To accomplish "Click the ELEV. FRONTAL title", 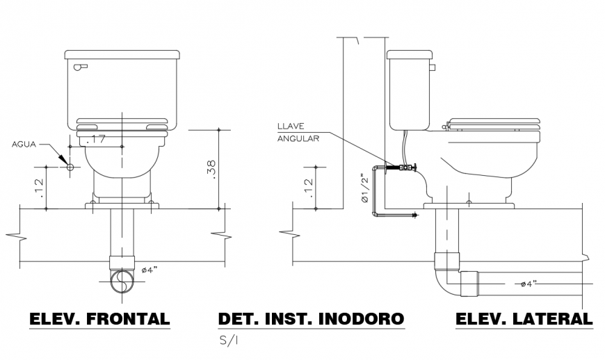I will click(99, 319).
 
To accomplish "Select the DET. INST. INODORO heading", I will click(310, 319).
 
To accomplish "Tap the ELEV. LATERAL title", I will click(524, 319).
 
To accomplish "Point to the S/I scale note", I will click(228, 341).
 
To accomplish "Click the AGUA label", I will click(24, 145).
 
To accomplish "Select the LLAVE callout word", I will click(291, 126).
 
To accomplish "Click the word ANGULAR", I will click(298, 138).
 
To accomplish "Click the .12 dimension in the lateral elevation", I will click(308, 186).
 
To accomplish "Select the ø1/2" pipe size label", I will click(364, 188).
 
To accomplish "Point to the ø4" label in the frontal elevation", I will click(150, 270).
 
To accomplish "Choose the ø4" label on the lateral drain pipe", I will click(530, 284).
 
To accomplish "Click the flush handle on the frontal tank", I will click(81, 67).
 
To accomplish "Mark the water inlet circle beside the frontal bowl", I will click(70, 167).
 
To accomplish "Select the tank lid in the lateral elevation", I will click(409, 54).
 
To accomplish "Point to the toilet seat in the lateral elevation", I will click(494, 125).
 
